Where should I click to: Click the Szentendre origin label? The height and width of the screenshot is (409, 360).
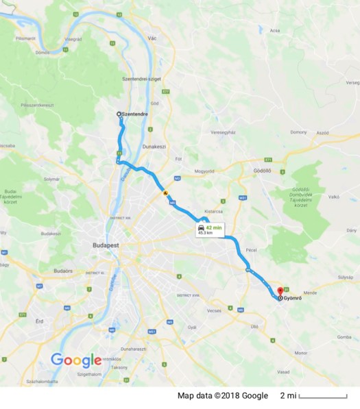[x=135, y=114]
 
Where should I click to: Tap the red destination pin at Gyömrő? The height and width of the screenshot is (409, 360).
[x=280, y=290]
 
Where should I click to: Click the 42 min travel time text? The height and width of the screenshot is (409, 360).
[x=215, y=227]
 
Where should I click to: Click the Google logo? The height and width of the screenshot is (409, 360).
[x=76, y=360]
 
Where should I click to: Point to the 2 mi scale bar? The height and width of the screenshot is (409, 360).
[x=323, y=397]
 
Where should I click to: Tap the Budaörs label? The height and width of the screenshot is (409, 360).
[x=62, y=271]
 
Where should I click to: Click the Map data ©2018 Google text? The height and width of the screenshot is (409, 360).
[x=222, y=396]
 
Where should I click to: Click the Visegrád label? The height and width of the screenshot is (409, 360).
[x=73, y=40]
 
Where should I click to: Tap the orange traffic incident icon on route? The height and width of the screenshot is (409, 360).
[x=165, y=193]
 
